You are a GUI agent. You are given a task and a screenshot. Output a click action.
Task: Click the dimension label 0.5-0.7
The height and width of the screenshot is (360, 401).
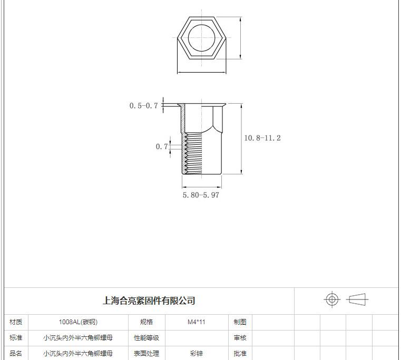coord(144,105)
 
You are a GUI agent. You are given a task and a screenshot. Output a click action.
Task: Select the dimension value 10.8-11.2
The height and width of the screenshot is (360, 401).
coord(262,138)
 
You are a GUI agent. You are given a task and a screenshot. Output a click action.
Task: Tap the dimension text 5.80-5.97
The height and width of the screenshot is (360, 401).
coord(201,195)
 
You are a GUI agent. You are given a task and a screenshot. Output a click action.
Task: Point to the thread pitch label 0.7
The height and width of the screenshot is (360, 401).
coord(162,146)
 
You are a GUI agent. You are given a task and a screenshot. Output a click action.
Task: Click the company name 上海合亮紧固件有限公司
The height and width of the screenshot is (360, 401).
coord(149,301)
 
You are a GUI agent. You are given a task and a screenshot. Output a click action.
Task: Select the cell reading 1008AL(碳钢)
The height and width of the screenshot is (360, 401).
coord(78,322)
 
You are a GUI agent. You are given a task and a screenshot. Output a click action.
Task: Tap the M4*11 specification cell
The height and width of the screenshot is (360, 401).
coord(197,322)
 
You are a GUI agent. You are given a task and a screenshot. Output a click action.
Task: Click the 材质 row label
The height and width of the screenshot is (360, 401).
coord(16,322)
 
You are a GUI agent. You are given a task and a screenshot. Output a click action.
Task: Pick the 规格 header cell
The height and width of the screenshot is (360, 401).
coord(146,322)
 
